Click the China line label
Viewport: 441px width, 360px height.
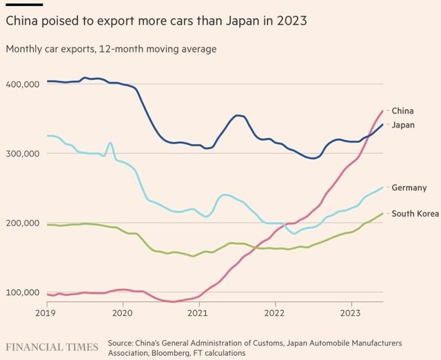(402, 110)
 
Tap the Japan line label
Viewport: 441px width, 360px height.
(404, 125)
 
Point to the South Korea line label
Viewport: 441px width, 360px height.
(415, 214)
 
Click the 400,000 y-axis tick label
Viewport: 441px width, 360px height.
(23, 84)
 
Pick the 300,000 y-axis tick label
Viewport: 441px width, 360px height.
(23, 153)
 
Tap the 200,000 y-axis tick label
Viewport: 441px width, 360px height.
(23, 223)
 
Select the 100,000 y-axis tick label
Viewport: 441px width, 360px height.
(23, 292)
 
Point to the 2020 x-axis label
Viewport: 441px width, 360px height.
(123, 312)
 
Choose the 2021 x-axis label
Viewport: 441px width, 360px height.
(199, 312)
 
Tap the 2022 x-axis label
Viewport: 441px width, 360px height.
(276, 312)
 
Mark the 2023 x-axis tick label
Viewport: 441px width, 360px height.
(351, 312)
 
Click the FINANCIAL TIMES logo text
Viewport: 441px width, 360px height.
(52, 344)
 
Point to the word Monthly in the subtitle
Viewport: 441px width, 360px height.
(24, 49)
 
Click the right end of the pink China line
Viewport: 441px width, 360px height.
(383, 111)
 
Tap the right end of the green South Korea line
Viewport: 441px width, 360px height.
(383, 213)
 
